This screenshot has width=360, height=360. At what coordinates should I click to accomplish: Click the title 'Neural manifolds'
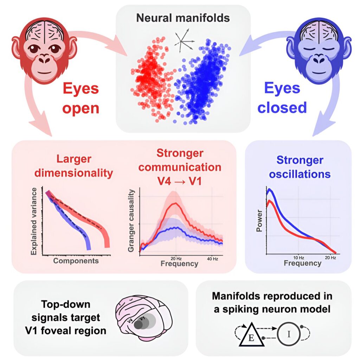[x=183, y=18]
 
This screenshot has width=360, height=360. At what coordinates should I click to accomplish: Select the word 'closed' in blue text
[x=282, y=108]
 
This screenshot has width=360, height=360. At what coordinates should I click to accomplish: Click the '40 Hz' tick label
[x=212, y=259]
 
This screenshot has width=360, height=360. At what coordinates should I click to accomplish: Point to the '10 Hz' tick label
[x=299, y=258]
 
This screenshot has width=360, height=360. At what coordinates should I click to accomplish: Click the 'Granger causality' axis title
[x=131, y=221]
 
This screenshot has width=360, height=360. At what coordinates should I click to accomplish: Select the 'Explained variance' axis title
[x=34, y=221]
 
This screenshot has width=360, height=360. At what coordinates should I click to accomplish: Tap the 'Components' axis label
[x=76, y=261]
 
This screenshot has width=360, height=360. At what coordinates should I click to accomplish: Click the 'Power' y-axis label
[x=259, y=220]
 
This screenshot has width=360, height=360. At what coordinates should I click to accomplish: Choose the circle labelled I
[x=289, y=334]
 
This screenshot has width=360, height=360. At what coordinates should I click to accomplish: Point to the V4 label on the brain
[x=130, y=320]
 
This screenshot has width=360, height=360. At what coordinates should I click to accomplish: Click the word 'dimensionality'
[x=74, y=173]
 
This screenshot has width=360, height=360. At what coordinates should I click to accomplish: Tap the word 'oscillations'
[x=300, y=174]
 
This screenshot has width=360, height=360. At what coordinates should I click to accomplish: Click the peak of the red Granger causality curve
[x=176, y=203]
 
